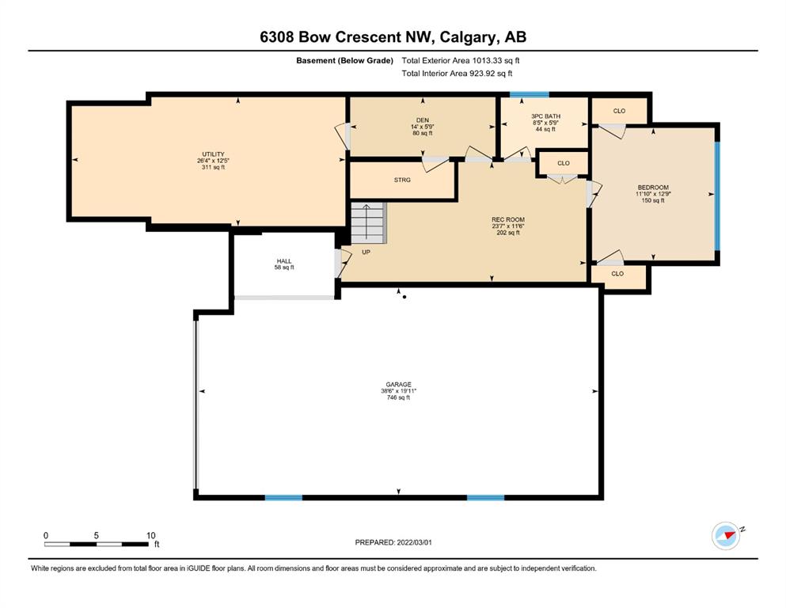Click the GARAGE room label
(x=398, y=385)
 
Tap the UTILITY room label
(x=213, y=154)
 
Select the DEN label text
(x=423, y=120)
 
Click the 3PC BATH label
(x=546, y=116)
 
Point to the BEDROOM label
(x=653, y=188)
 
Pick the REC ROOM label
(x=508, y=219)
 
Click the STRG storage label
(x=402, y=180)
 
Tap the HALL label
(x=284, y=261)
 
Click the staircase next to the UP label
(x=368, y=223)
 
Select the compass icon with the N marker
(x=726, y=536)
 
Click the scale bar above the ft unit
(x=96, y=544)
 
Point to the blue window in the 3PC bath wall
(x=530, y=94)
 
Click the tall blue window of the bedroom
(x=717, y=196)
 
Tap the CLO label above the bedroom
(x=620, y=111)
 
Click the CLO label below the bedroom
(x=617, y=274)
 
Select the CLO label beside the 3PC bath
(x=564, y=163)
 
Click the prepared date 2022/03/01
(x=414, y=542)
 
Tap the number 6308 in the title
(x=277, y=37)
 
